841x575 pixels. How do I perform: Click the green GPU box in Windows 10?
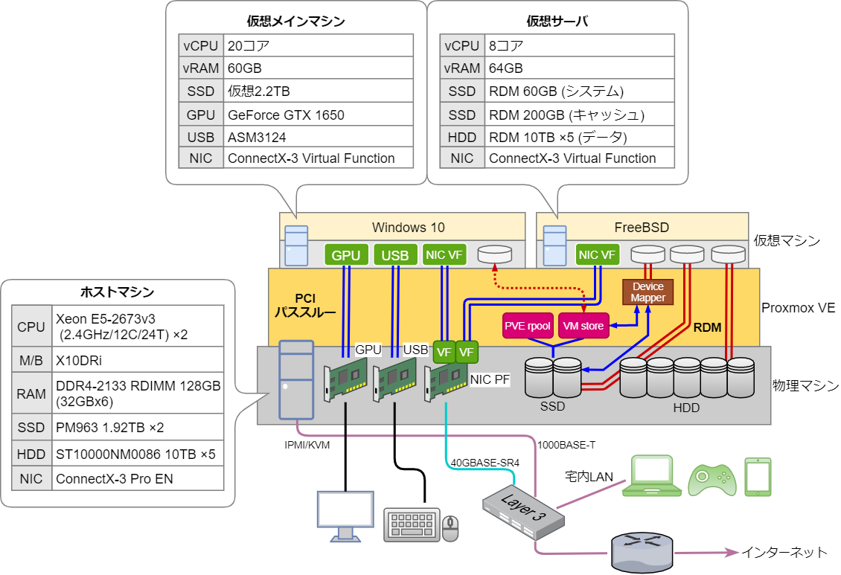[x=346, y=255]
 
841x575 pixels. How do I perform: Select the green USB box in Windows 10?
[x=395, y=255]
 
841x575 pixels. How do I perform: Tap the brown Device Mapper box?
[x=647, y=292]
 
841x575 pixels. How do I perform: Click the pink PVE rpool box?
[x=528, y=325]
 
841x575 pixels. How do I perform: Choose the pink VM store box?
[x=583, y=325]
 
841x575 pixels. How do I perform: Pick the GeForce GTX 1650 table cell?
[x=318, y=115]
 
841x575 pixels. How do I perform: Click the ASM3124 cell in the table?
[x=318, y=137]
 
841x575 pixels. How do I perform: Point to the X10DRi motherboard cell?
[x=138, y=360]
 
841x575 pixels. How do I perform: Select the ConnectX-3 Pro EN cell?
[x=138, y=478]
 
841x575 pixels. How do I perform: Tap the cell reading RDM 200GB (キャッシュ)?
[x=581, y=115]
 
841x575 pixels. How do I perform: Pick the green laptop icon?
[x=656, y=477]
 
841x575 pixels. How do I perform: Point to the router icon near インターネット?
[x=642, y=552]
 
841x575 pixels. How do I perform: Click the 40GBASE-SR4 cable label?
[x=485, y=463]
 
